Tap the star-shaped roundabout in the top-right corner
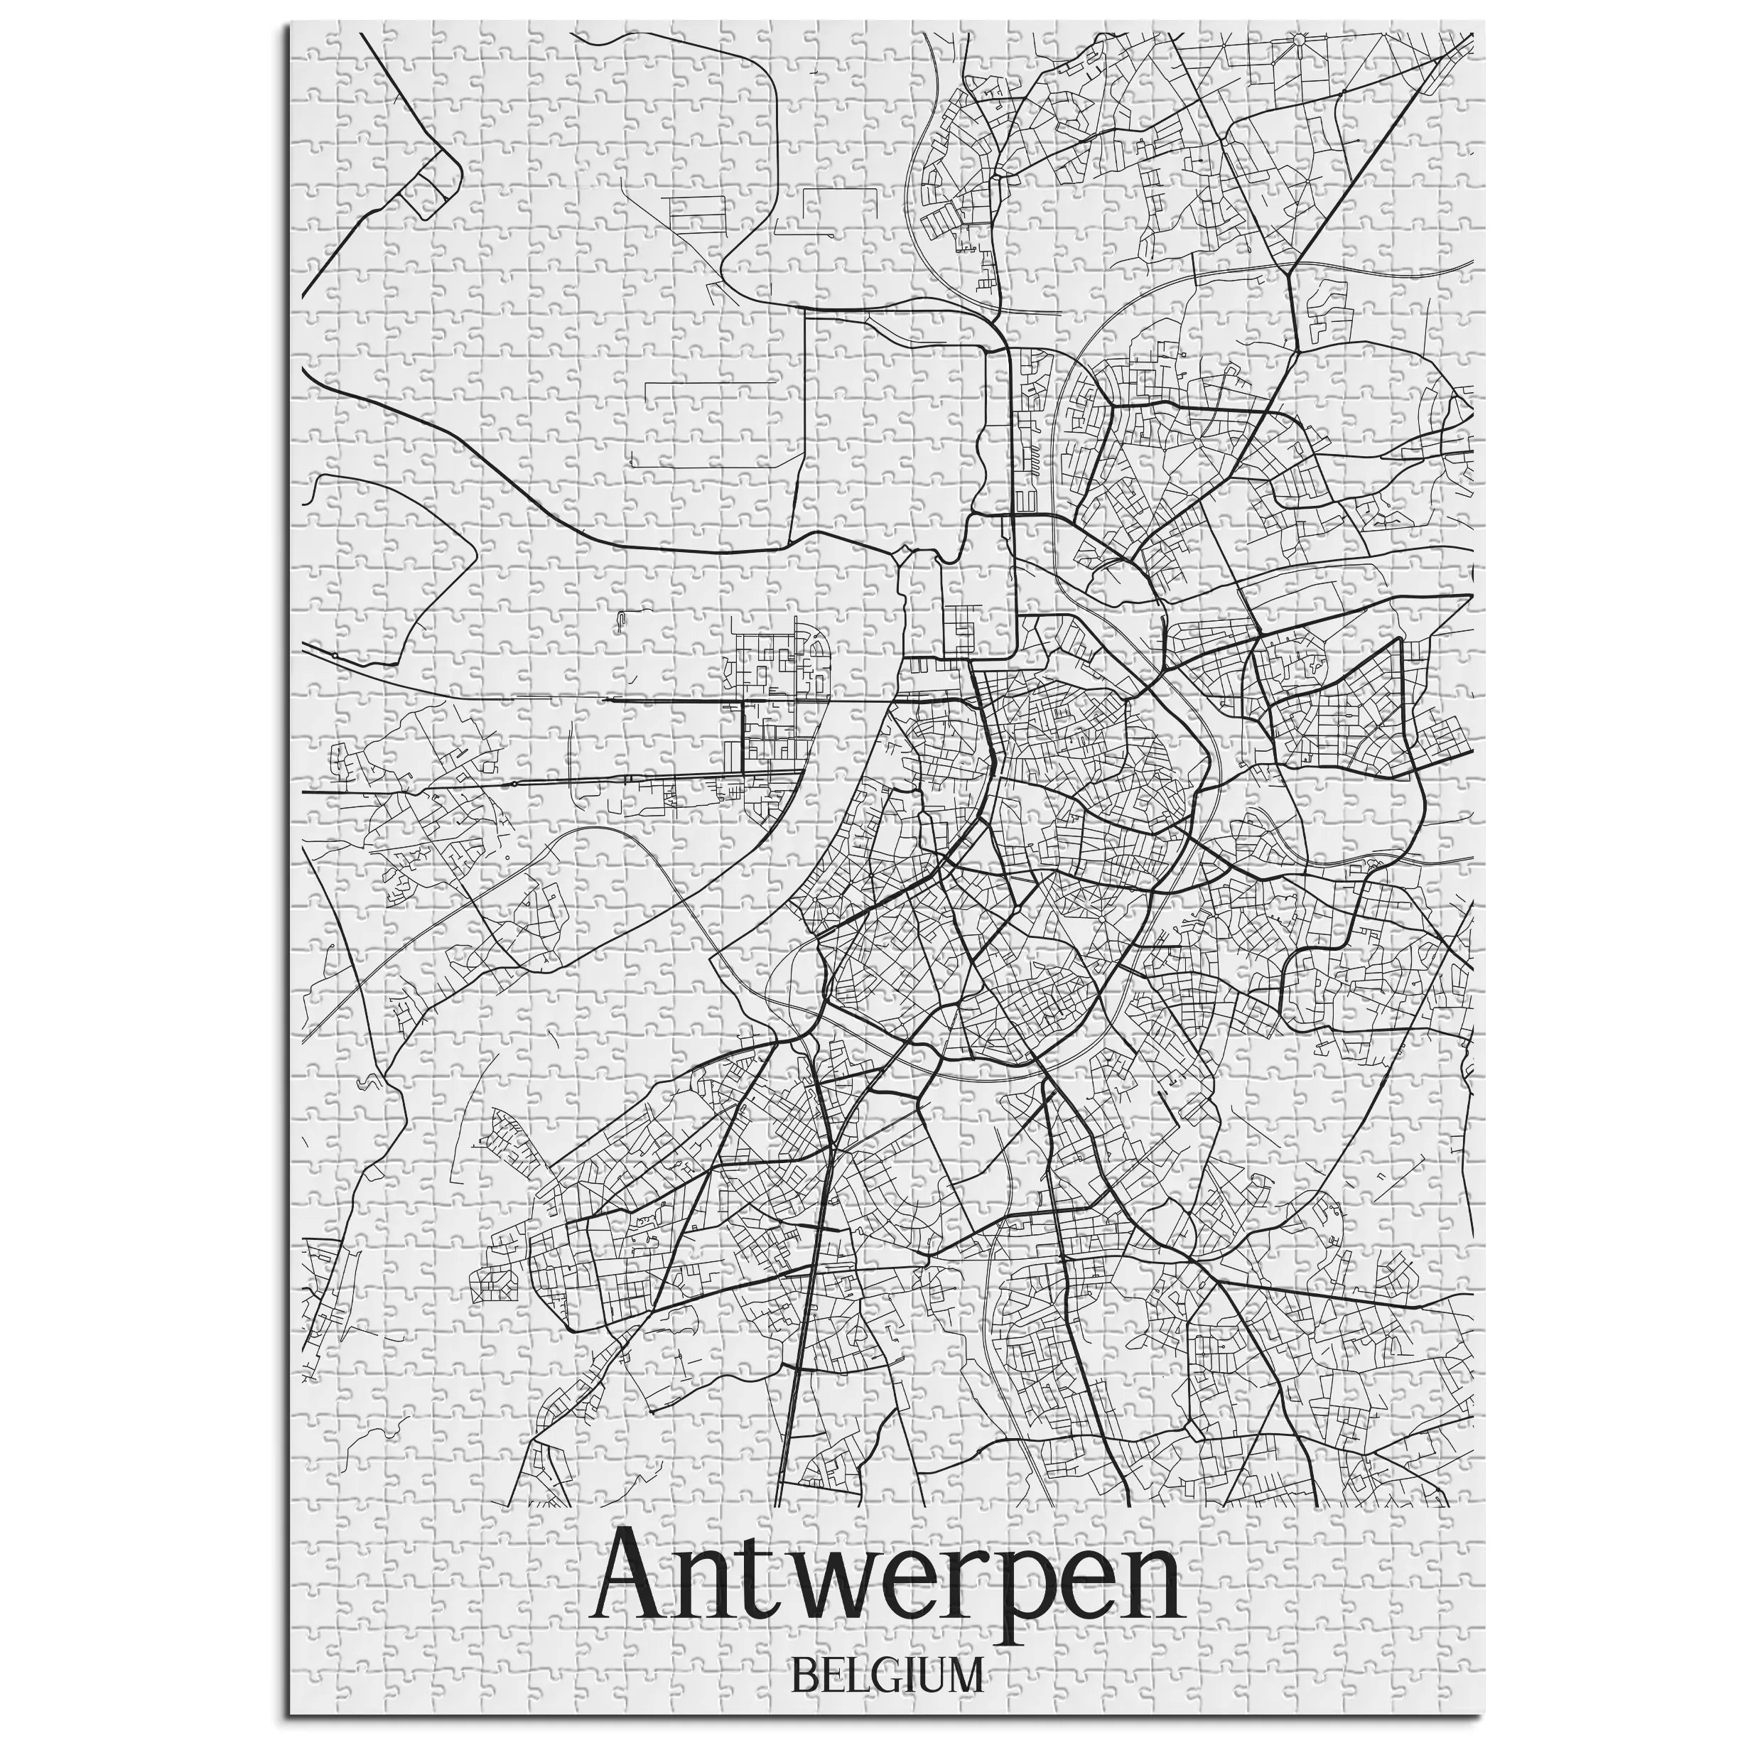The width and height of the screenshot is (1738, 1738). (x=1298, y=38)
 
